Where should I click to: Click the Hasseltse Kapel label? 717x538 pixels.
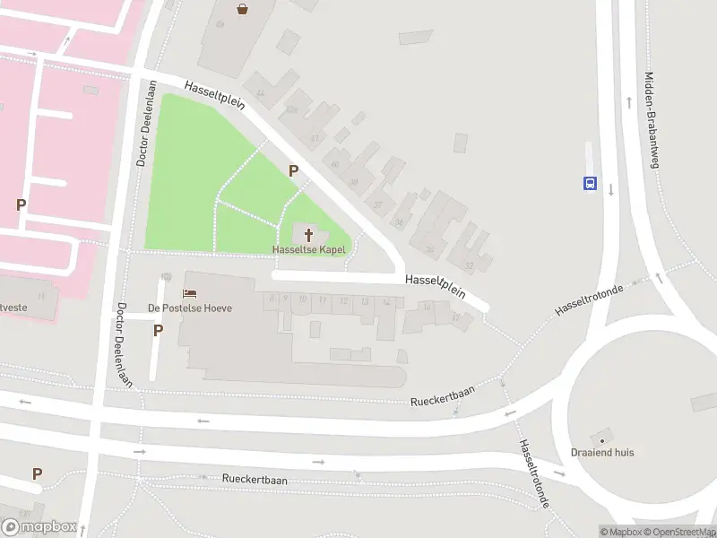pyautogui.click(x=309, y=249)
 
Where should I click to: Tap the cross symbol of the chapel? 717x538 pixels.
pyautogui.click(x=309, y=235)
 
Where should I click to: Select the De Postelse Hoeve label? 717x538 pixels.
pyautogui.click(x=190, y=308)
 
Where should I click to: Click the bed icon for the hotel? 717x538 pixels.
pyautogui.click(x=189, y=293)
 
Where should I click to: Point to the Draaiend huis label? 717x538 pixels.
pyautogui.click(x=602, y=453)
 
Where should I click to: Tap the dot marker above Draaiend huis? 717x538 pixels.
pyautogui.click(x=602, y=440)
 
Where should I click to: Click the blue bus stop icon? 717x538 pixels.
pyautogui.click(x=590, y=183)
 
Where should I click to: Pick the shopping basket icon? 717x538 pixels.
pyautogui.click(x=243, y=9)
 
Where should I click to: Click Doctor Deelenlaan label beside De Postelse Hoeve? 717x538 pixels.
pyautogui.click(x=123, y=344)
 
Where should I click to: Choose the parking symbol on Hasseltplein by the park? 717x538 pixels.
pyautogui.click(x=292, y=170)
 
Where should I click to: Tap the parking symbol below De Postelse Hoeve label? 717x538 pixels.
pyautogui.click(x=158, y=330)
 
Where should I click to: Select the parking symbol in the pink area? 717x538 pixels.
pyautogui.click(x=21, y=204)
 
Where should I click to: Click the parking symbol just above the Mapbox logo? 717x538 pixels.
pyautogui.click(x=37, y=473)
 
